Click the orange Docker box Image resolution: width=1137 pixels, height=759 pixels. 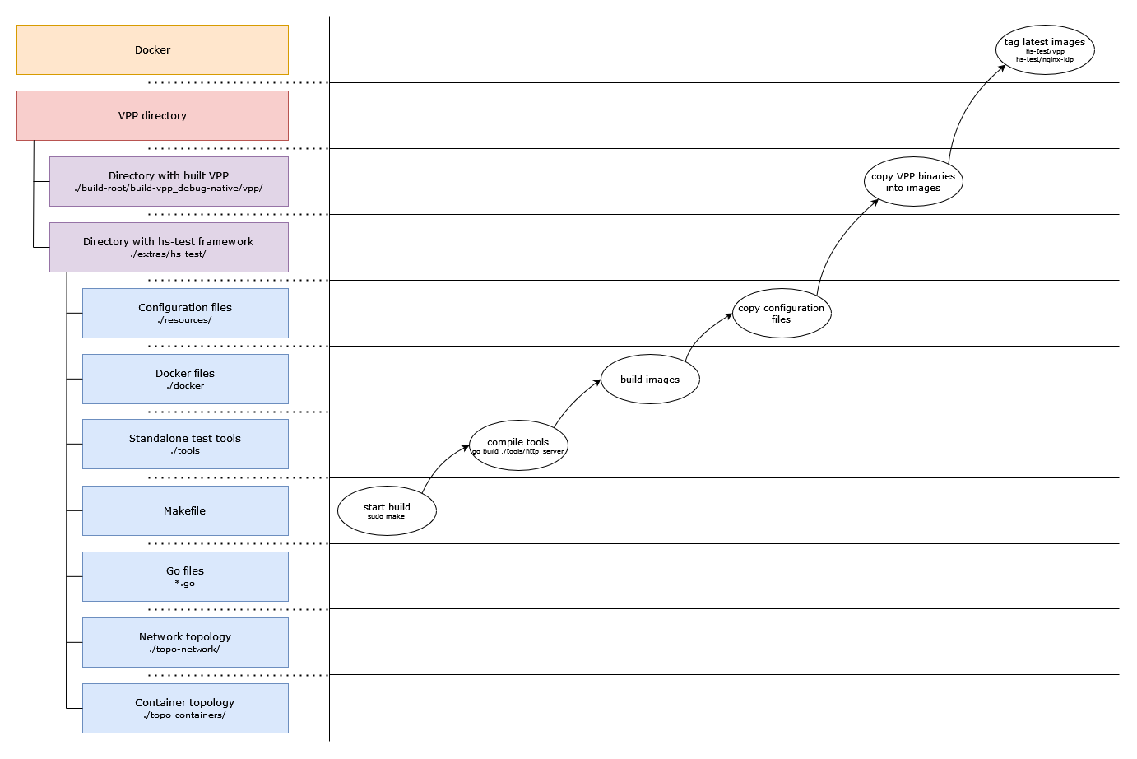point(152,49)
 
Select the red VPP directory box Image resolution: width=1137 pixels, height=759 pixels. point(152,115)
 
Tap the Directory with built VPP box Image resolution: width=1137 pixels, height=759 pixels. point(169,181)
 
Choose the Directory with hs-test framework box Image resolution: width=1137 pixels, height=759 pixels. point(169,247)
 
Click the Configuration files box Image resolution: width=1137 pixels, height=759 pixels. point(185,313)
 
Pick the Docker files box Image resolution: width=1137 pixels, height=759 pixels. point(185,379)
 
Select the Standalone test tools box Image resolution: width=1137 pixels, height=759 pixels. point(185,444)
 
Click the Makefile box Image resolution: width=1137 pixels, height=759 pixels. point(185,510)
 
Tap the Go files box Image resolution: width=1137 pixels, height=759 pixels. point(185,576)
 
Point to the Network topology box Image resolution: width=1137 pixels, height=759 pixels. point(185,642)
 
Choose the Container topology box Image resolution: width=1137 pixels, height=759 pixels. point(185,708)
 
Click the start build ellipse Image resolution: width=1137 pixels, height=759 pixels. point(387,510)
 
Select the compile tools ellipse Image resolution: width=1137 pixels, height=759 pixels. point(518,445)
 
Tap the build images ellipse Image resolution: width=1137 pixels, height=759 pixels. point(650,379)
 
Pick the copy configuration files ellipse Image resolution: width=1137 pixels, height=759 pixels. point(782,313)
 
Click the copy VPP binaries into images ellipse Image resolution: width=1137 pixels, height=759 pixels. point(913,181)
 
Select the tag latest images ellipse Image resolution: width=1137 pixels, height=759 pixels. point(1045,49)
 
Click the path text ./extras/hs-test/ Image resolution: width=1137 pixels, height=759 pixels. point(168,254)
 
